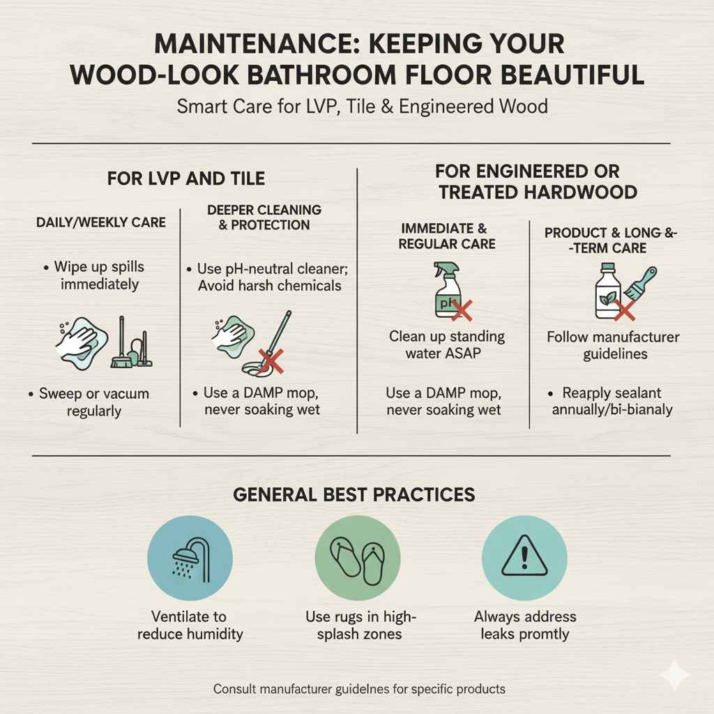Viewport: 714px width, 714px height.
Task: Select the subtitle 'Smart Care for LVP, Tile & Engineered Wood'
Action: [x=362, y=107]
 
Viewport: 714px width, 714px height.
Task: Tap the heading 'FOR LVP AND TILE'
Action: [x=186, y=178]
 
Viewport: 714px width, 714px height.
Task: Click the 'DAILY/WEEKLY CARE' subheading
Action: [x=101, y=222]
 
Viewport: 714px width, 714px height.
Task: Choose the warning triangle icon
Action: [x=524, y=554]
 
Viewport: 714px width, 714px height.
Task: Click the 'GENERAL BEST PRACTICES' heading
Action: [x=354, y=495]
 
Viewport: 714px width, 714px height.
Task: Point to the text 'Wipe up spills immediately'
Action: [x=99, y=276]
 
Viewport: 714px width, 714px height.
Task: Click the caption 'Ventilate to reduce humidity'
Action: [x=190, y=625]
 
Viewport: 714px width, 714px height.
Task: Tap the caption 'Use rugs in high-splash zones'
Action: [x=360, y=625]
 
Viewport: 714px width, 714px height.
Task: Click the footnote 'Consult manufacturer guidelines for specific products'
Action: [x=359, y=689]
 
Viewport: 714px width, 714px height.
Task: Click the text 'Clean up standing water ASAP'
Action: [x=446, y=344]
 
